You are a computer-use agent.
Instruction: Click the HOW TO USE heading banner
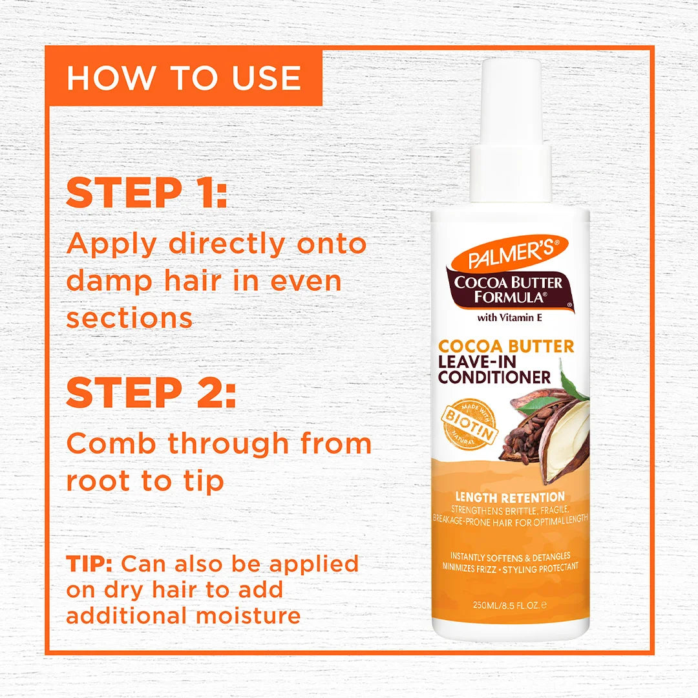184,78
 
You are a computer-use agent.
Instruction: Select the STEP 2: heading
151,392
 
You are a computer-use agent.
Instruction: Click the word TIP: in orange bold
90,564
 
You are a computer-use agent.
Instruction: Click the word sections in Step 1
129,318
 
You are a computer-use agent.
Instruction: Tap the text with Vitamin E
510,317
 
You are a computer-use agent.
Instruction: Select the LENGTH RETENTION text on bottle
510,497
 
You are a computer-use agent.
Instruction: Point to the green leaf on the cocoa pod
573,385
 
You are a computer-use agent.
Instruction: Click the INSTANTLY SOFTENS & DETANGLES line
510,556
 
